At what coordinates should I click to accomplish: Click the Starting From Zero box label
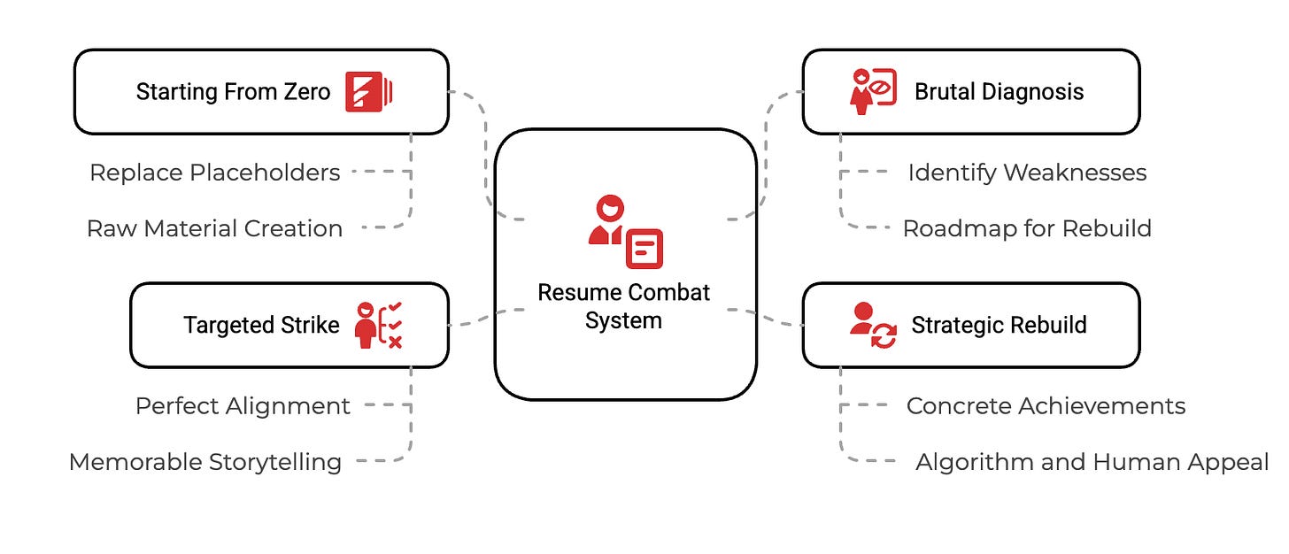(233, 92)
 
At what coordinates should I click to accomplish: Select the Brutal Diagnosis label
(999, 92)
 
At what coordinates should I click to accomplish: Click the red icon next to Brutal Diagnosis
(873, 91)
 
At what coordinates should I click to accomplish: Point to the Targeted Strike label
(261, 326)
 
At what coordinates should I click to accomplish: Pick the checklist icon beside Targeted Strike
(378, 325)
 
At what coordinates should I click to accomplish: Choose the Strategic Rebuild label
(999, 326)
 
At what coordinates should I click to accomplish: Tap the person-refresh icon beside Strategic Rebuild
(873, 325)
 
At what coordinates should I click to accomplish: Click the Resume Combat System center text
(624, 306)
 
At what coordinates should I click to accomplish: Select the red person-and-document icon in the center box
(625, 232)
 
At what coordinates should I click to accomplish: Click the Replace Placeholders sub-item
(215, 173)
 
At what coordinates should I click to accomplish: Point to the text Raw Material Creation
(215, 228)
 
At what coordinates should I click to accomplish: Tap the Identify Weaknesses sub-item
(1027, 173)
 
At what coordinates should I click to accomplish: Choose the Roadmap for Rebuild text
(1027, 228)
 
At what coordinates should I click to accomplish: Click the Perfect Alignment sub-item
(243, 406)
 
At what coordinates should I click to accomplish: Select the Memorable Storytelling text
(205, 462)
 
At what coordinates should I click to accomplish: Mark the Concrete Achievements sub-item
(1046, 406)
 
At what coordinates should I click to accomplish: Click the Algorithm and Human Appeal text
(1092, 462)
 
